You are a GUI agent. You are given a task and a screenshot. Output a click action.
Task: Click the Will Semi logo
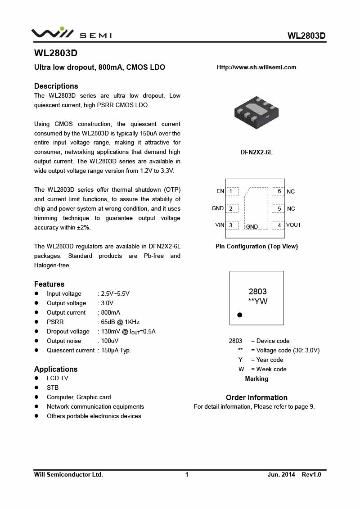(71, 33)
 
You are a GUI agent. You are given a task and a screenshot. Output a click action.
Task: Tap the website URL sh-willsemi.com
(256, 68)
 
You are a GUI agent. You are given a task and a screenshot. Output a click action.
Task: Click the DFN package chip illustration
(256, 112)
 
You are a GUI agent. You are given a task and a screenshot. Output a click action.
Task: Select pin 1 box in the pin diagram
(232, 192)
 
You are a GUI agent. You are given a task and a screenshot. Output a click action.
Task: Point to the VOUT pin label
(293, 225)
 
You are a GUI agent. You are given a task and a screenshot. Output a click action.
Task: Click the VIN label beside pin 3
(220, 225)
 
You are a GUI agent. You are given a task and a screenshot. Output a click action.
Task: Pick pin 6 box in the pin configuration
(279, 192)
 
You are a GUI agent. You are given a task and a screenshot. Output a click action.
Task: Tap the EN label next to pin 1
(220, 191)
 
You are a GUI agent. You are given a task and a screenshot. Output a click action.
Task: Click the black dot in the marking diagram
(240, 315)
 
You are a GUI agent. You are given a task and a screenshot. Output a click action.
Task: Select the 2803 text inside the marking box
(257, 292)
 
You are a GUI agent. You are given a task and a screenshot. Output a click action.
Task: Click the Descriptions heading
(56, 86)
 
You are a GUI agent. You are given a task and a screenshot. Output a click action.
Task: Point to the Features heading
(49, 284)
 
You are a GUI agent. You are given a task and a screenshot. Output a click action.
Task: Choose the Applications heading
(56, 369)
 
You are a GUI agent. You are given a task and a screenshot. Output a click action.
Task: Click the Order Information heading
(256, 397)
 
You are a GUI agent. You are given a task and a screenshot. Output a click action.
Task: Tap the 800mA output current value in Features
(110, 312)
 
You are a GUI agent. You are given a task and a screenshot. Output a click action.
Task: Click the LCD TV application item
(58, 378)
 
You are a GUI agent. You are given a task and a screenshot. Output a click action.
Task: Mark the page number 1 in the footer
(187, 474)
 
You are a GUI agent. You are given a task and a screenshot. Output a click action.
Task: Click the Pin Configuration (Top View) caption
(256, 246)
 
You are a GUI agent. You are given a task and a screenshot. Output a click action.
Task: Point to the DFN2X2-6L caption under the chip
(256, 152)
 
